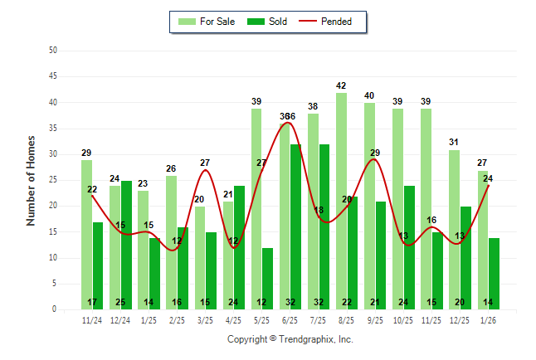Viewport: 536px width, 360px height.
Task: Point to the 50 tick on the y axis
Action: tap(53, 51)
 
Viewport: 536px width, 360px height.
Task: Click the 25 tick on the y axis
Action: tap(53, 180)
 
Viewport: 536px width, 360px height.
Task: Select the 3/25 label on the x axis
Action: tap(205, 319)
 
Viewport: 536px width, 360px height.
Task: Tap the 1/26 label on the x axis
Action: tap(488, 319)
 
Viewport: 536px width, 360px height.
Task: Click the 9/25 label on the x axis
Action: tap(375, 319)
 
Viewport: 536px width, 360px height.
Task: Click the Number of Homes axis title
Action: tap(31, 180)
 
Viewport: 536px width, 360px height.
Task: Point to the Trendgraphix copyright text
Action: tap(290, 339)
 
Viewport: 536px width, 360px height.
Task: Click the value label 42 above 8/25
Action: tap(341, 85)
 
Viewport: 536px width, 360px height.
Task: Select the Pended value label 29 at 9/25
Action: tap(375, 153)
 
